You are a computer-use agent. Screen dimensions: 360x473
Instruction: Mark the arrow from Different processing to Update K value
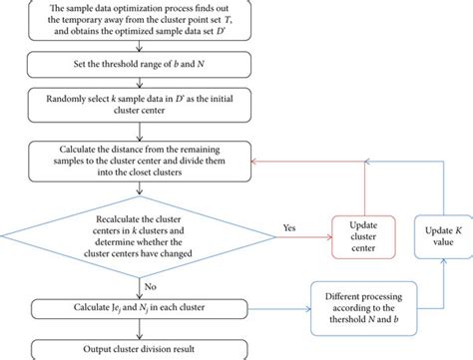click(x=440, y=284)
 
